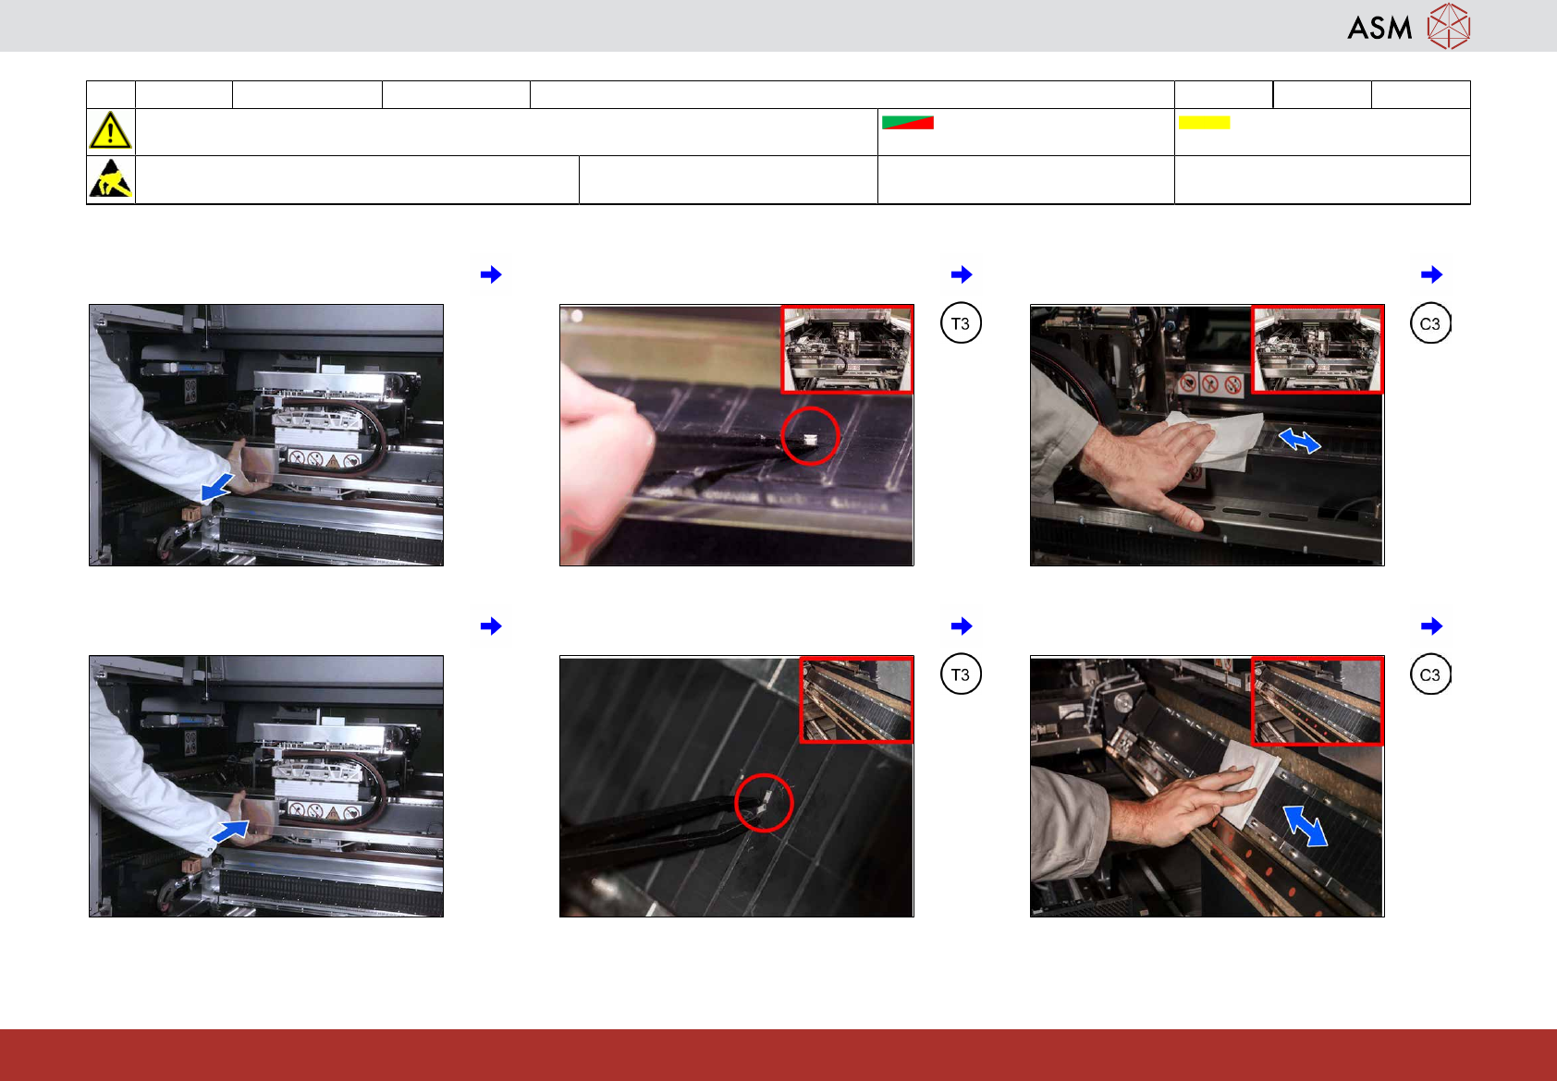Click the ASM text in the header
[x=1379, y=28]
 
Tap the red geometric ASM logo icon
[x=1449, y=27]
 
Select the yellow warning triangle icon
[x=110, y=130]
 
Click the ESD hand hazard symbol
[x=111, y=178]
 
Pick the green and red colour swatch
[x=908, y=123]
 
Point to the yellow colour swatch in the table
[x=1204, y=123]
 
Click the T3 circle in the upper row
[x=961, y=323]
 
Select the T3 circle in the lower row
[x=961, y=674]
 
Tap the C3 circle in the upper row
[x=1430, y=323]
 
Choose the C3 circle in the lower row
[x=1430, y=674]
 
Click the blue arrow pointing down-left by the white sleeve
[x=217, y=487]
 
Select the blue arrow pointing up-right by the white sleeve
[x=231, y=831]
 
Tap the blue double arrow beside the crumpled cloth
[x=1300, y=441]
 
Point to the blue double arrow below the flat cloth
[x=1305, y=826]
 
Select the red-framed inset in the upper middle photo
[x=847, y=349]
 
